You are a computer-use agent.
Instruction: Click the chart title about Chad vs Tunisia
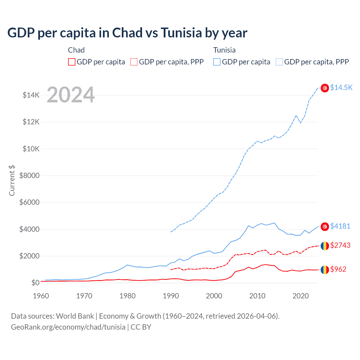tap(127, 33)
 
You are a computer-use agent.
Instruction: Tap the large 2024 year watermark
tap(71, 95)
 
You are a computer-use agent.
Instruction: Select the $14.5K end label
tap(341, 87)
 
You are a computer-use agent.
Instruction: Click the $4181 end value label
tap(340, 226)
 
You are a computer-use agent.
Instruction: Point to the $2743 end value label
tap(340, 245)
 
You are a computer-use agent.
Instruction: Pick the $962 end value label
tap(338, 269)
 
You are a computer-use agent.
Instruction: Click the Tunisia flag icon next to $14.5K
tap(325, 88)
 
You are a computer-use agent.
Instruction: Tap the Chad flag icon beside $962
tap(325, 270)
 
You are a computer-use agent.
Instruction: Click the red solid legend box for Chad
tap(72, 62)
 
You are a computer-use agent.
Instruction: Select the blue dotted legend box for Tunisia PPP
tap(279, 62)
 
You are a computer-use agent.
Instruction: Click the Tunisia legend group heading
tap(224, 50)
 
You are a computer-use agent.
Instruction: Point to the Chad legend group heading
tap(76, 50)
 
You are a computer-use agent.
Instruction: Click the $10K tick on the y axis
tap(31, 149)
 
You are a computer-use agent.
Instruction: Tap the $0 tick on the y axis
tap(35, 283)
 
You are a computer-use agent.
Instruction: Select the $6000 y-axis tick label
tap(29, 202)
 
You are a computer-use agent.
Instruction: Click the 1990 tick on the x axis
tap(171, 296)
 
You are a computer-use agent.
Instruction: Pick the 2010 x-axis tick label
tap(257, 296)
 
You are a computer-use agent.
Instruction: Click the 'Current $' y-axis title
tap(12, 181)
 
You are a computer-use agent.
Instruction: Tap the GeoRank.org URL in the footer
tap(68, 327)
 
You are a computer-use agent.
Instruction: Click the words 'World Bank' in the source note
tap(75, 316)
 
